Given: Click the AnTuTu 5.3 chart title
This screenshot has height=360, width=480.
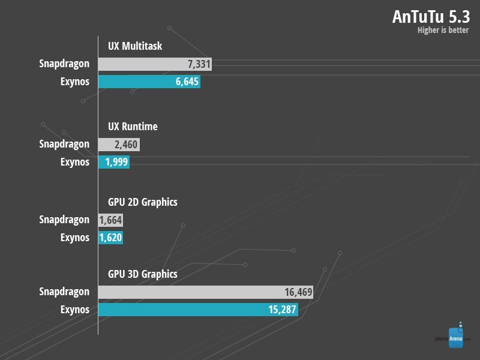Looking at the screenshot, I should point(431,16).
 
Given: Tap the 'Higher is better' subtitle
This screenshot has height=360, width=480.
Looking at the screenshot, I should point(443,31).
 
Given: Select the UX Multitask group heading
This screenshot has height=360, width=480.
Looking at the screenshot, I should point(135,46).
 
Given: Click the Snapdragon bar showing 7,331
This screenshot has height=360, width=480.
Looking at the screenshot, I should point(155,64).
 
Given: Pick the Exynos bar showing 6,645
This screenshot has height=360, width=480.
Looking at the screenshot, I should point(149,82).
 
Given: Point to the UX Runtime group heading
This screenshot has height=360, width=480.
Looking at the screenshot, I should point(133,127).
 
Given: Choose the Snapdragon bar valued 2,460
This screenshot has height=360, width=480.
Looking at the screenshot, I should point(119,145).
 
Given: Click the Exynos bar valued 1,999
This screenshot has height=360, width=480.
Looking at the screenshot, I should point(114,163).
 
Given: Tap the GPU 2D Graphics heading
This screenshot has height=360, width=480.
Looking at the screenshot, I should point(142,202).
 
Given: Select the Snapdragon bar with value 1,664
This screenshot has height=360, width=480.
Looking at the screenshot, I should point(110,220).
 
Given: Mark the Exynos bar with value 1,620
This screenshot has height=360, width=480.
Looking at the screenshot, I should point(110,238).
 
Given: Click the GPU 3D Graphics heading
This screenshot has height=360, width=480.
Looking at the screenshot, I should point(142,274).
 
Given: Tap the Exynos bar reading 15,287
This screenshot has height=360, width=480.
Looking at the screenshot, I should point(198,310).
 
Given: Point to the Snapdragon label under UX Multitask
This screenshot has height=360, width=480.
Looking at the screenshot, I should point(64,64).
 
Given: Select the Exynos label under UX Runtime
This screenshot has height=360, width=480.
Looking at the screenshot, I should point(75,163).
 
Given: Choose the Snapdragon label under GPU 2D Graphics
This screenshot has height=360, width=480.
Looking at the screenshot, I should point(64,220).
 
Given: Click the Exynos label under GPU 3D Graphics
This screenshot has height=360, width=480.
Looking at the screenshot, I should point(75,310).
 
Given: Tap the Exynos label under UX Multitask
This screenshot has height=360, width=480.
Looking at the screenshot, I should point(75,82).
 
